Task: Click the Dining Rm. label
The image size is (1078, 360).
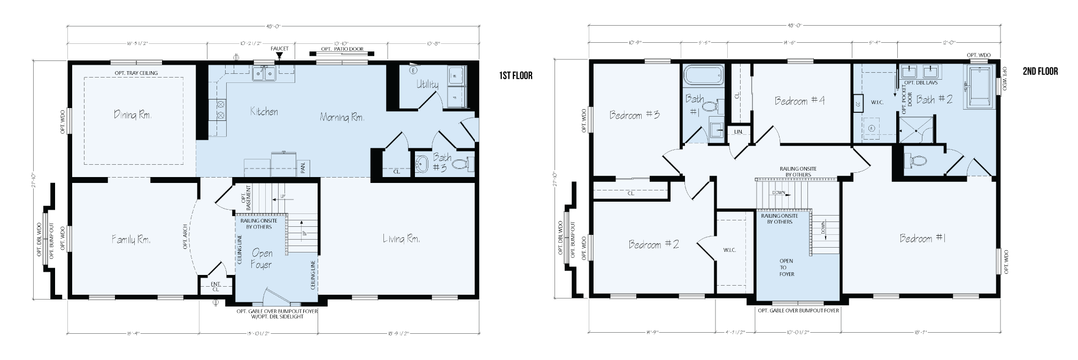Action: point(132,114)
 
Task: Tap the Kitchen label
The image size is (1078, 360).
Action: point(264,111)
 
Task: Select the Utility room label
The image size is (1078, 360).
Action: point(427,85)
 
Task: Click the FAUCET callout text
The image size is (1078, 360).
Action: point(279,49)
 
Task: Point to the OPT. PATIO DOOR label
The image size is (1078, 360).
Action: point(342,49)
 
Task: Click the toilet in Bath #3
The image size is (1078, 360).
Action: point(464,163)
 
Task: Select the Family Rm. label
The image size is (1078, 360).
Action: point(131,239)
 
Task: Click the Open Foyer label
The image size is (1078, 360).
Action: point(261,258)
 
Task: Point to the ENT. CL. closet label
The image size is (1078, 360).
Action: point(215,286)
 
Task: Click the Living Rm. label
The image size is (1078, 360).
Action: point(401,239)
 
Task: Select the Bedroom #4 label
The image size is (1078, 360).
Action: point(799,101)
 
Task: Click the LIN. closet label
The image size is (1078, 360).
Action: point(738,132)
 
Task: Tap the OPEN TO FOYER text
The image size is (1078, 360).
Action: point(787,267)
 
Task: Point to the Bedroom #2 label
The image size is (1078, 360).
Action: point(653,244)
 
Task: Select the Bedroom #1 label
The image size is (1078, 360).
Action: point(922,239)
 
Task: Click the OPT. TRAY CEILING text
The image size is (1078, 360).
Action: point(136,73)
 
